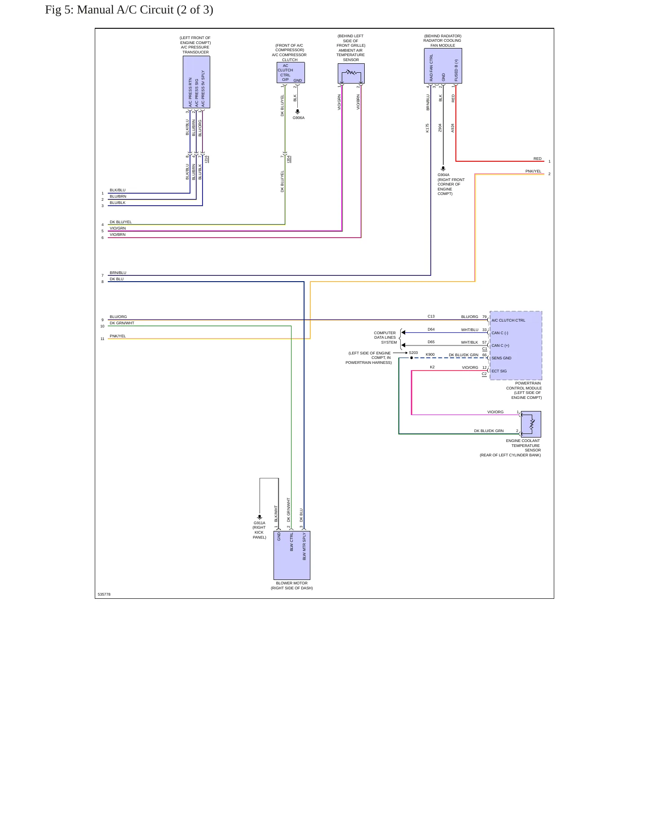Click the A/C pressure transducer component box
coord(196,82)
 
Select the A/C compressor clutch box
coord(291,73)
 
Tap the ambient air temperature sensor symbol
coord(351,73)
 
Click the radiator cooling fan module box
coord(443,66)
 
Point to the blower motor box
coord(292,555)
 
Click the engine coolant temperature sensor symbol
coord(531,424)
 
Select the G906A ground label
coord(299,118)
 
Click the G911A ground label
coord(260,523)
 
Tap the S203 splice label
coord(413,353)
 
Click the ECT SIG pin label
coord(499,371)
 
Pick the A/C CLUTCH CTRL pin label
coord(508,320)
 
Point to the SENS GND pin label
coord(501,358)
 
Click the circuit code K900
coord(430,354)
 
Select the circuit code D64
coord(431,329)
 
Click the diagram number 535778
coord(104,594)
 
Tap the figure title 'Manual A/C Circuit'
coord(125,10)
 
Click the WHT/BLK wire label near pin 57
coord(470,342)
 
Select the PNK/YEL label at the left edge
coord(118,336)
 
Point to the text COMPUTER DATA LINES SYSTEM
coord(385,338)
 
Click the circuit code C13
coord(431,316)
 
